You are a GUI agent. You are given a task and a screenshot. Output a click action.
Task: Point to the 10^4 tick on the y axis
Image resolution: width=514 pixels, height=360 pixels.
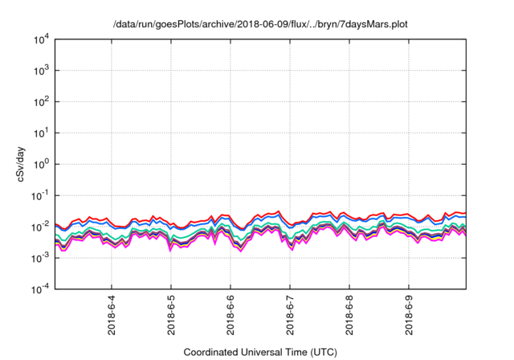pyautogui.click(x=42, y=39)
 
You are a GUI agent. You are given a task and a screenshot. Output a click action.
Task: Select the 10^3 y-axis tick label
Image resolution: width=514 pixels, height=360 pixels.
pyautogui.click(x=42, y=71)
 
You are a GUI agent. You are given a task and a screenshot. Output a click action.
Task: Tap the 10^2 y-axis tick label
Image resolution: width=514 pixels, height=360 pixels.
pyautogui.click(x=42, y=102)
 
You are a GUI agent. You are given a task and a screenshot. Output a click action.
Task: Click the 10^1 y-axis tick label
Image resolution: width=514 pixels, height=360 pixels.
pyautogui.click(x=42, y=133)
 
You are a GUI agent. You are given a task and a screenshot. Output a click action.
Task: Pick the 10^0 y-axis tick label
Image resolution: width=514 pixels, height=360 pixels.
pyautogui.click(x=42, y=164)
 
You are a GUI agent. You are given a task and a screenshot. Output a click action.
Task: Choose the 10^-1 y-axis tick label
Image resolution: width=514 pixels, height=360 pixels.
pyautogui.click(x=42, y=195)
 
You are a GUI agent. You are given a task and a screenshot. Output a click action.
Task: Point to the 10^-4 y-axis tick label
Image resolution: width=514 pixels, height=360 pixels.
pyautogui.click(x=42, y=289)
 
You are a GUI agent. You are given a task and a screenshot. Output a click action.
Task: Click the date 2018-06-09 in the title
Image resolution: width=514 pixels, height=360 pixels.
pyautogui.click(x=244, y=23)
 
